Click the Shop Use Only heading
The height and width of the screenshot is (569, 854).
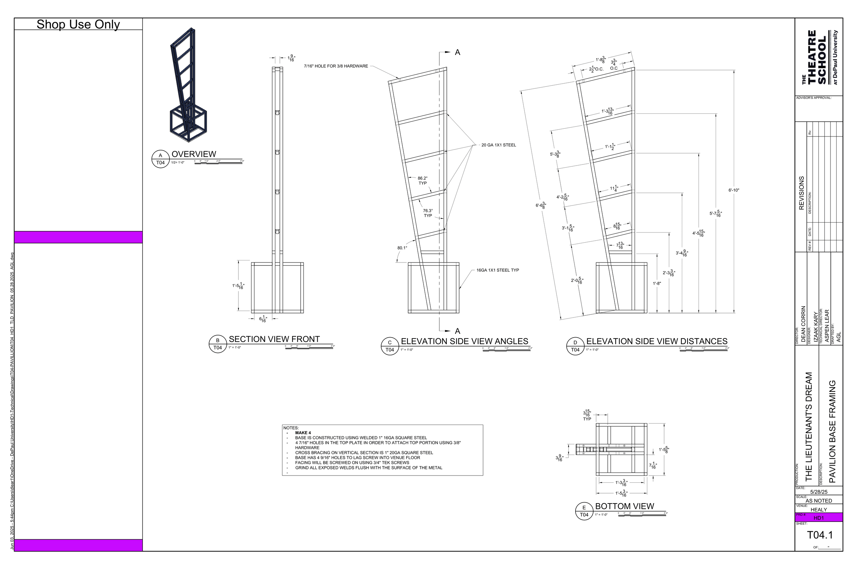(x=78, y=24)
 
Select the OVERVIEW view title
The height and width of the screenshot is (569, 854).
(x=194, y=154)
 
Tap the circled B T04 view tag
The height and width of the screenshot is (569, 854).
(x=218, y=344)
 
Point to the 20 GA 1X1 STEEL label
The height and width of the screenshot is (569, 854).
(x=498, y=145)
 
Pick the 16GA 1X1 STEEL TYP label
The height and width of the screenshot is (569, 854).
(x=497, y=270)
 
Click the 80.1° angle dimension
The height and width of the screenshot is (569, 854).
(x=402, y=248)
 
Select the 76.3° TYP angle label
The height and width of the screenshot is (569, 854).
(x=428, y=213)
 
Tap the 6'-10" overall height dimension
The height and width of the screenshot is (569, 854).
(x=733, y=190)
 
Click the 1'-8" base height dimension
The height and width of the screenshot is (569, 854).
(x=657, y=283)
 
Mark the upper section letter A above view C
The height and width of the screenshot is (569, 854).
(x=457, y=53)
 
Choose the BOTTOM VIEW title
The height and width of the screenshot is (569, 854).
(x=624, y=506)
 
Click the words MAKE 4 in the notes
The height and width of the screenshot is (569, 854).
(x=303, y=433)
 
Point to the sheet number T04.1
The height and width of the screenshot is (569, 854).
(x=820, y=535)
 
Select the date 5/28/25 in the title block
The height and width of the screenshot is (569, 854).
(x=819, y=492)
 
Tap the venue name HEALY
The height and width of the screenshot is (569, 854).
(x=819, y=510)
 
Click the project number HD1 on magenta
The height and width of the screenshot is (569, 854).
(x=819, y=518)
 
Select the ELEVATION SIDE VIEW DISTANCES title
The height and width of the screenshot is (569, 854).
(x=657, y=341)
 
